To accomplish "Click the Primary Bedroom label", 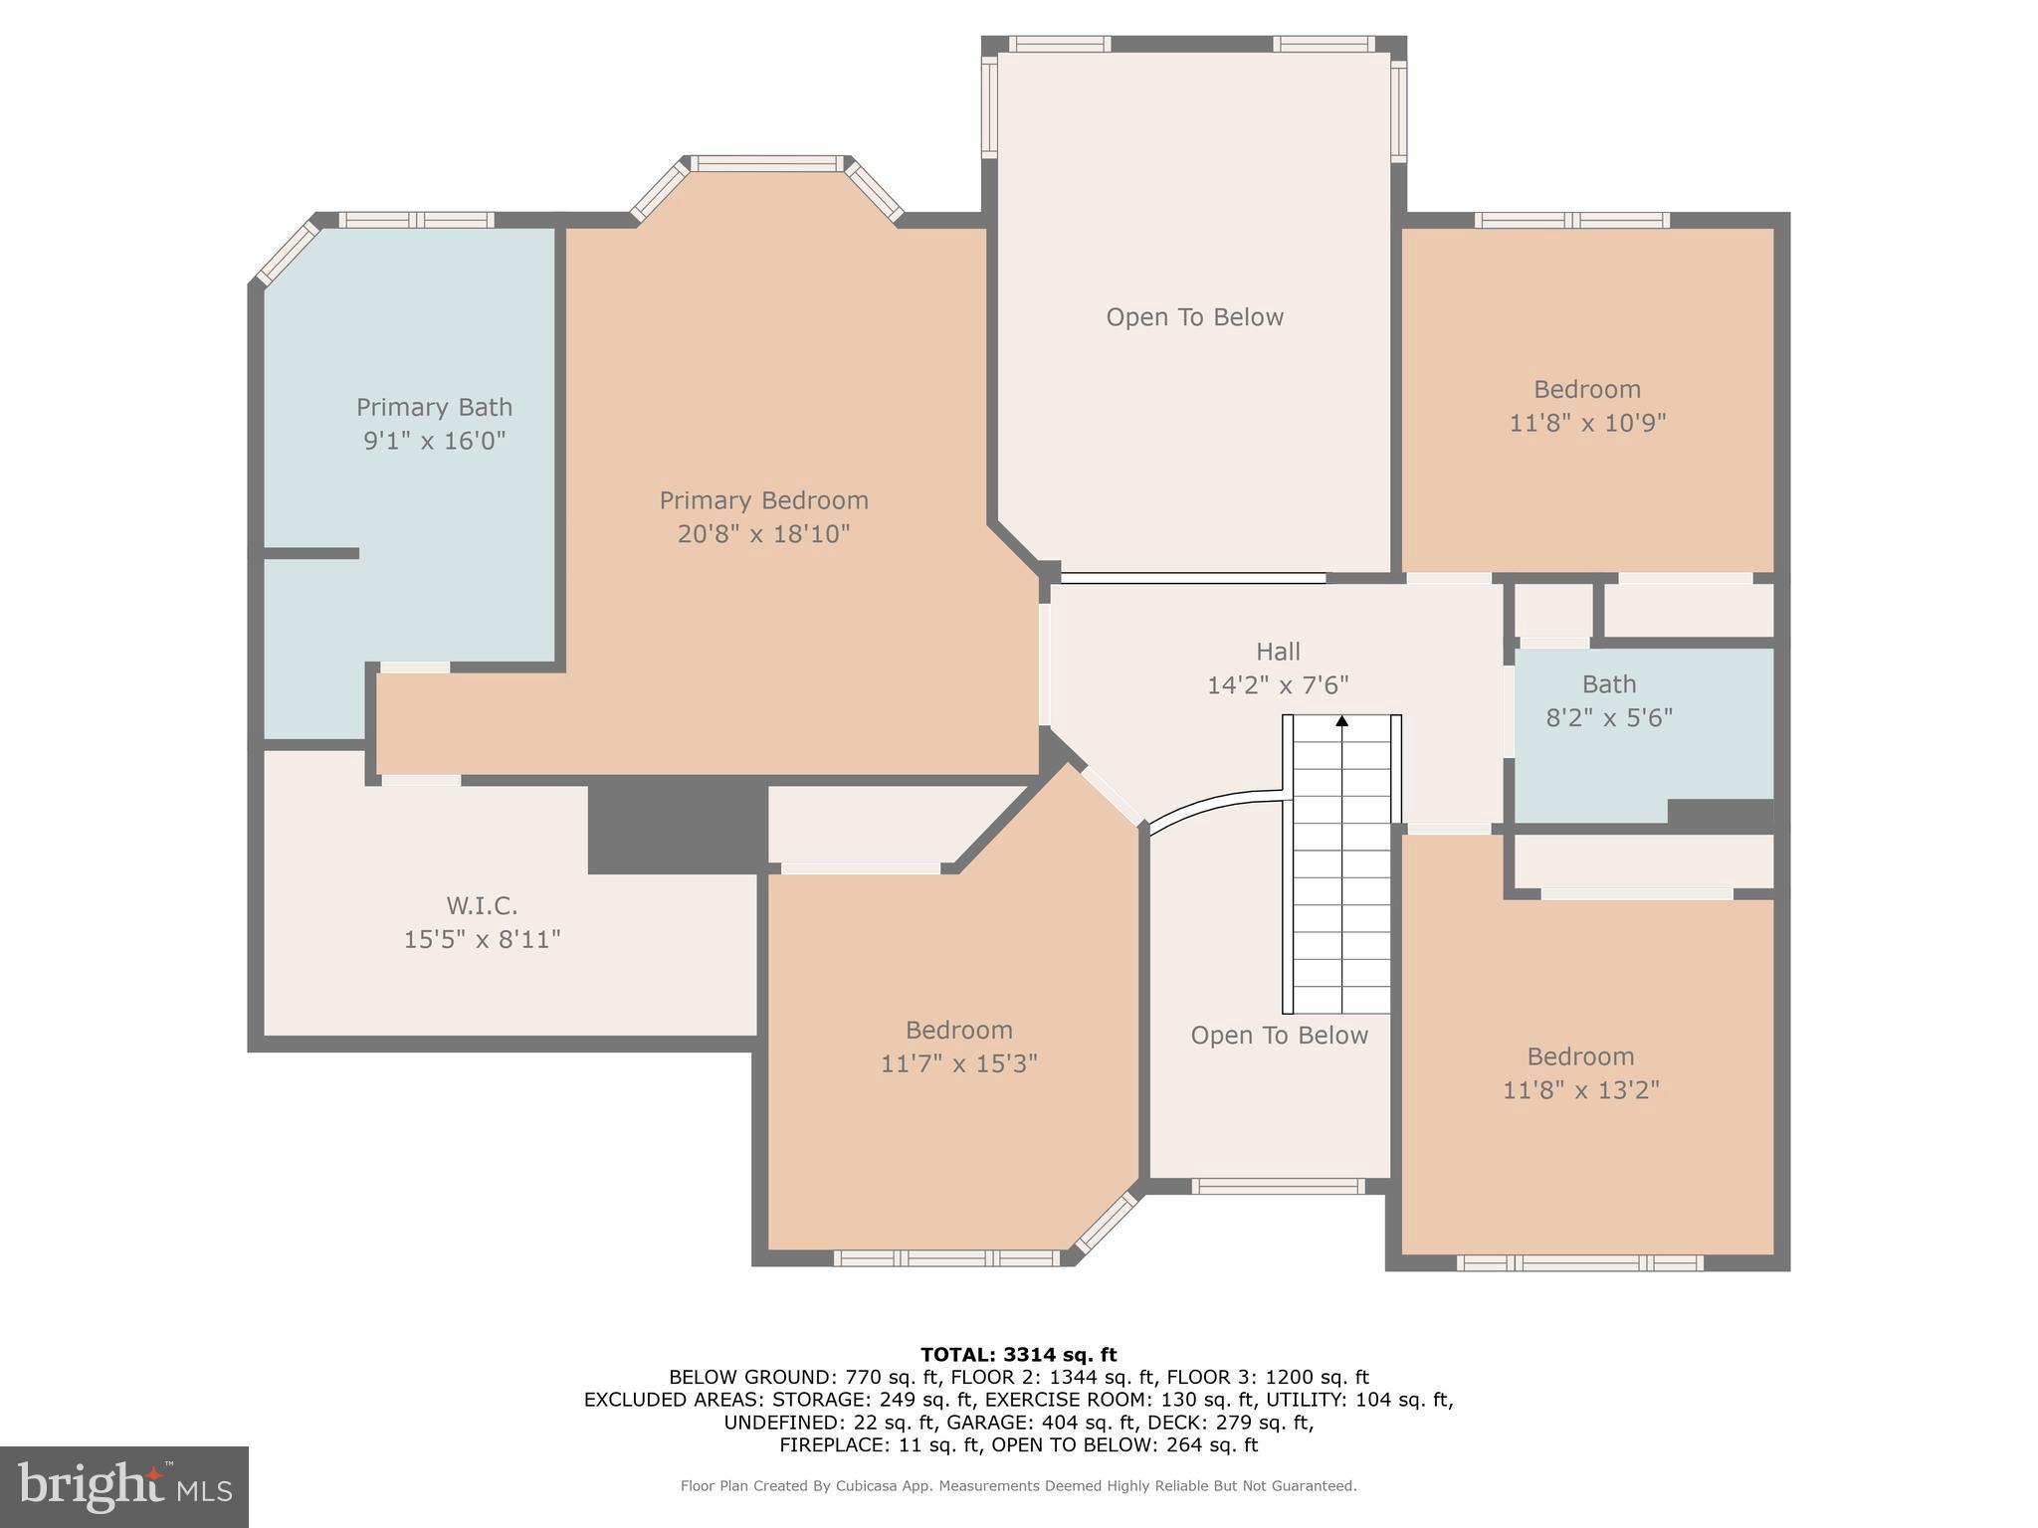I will coord(763,500).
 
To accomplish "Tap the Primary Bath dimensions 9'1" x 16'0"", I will coord(434,440).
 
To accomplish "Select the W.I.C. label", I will coord(482,906).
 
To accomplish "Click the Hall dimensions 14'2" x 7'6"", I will coord(1278,685).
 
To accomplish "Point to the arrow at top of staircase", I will coord(1341,721).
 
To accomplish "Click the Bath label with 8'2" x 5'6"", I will coord(1609,684).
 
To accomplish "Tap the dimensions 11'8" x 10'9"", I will coord(1587,423).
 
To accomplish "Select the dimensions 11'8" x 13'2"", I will coord(1580,1089).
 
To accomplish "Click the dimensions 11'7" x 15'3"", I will coord(958,1063).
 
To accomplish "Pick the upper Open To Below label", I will coord(1194,317).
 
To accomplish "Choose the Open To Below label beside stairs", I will coord(1279,1036).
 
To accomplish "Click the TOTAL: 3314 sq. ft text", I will coord(1018,1354).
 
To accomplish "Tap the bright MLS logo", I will coord(123,1487).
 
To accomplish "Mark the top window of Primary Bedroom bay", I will coord(767,164).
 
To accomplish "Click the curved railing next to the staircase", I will coord(1214,804).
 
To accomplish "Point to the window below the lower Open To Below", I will coord(1278,1186).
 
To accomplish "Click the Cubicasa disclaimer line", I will coord(1018,1486).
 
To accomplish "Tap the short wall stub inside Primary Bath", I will coord(310,553).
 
